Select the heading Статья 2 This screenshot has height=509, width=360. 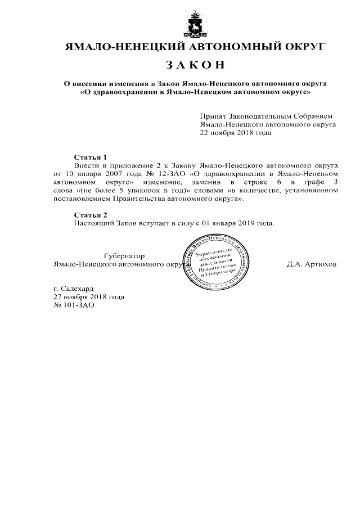[90, 215]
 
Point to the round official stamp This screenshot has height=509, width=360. [216, 263]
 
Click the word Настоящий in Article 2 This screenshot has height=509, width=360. [94, 223]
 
